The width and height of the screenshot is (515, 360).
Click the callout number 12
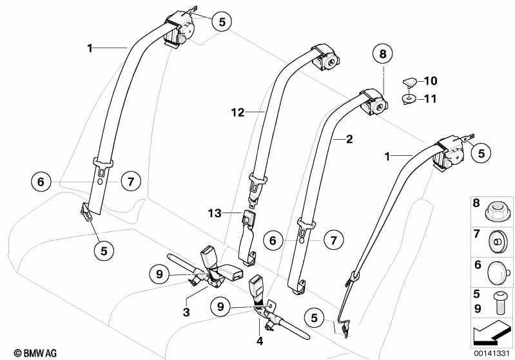coord(238,113)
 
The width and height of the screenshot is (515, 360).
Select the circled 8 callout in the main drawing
coord(382,55)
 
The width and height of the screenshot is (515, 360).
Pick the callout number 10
coord(431,81)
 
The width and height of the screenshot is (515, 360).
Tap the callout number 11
coord(431,99)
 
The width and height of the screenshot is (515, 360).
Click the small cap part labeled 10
coord(408,82)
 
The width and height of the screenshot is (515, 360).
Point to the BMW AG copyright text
coord(24,353)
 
